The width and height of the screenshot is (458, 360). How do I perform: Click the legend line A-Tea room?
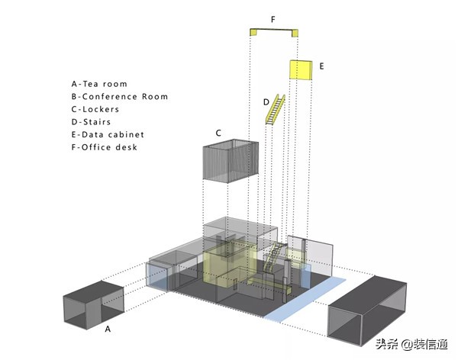tap(99, 84)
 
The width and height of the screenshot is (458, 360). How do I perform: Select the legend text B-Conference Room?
tap(120, 97)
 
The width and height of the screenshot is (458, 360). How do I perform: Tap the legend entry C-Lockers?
tap(95, 109)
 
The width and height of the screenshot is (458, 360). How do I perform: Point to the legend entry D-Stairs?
tap(91, 122)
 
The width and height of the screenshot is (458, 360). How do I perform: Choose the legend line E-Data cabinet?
tap(108, 134)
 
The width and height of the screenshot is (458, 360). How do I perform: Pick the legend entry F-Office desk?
tap(105, 147)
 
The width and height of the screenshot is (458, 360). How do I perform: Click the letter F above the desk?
tap(273, 20)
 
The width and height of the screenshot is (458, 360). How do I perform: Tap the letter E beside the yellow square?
tap(321, 66)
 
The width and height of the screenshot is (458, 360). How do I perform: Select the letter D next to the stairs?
tap(266, 102)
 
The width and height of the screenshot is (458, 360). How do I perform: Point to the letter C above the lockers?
tap(218, 133)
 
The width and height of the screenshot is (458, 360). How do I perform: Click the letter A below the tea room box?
tap(108, 329)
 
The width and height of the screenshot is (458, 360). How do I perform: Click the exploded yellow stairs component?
tap(275, 109)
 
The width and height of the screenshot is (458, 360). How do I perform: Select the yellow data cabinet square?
tap(301, 69)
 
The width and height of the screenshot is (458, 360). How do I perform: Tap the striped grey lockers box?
tap(231, 161)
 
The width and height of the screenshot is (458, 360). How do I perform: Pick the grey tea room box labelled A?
tap(94, 305)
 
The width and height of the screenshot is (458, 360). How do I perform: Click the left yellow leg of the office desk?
tap(253, 32)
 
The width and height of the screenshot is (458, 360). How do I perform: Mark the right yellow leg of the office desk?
tap(295, 33)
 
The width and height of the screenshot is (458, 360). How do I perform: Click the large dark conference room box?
tap(367, 310)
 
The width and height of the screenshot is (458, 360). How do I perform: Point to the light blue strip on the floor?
tap(305, 300)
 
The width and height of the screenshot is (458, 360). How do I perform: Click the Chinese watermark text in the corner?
tap(412, 344)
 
